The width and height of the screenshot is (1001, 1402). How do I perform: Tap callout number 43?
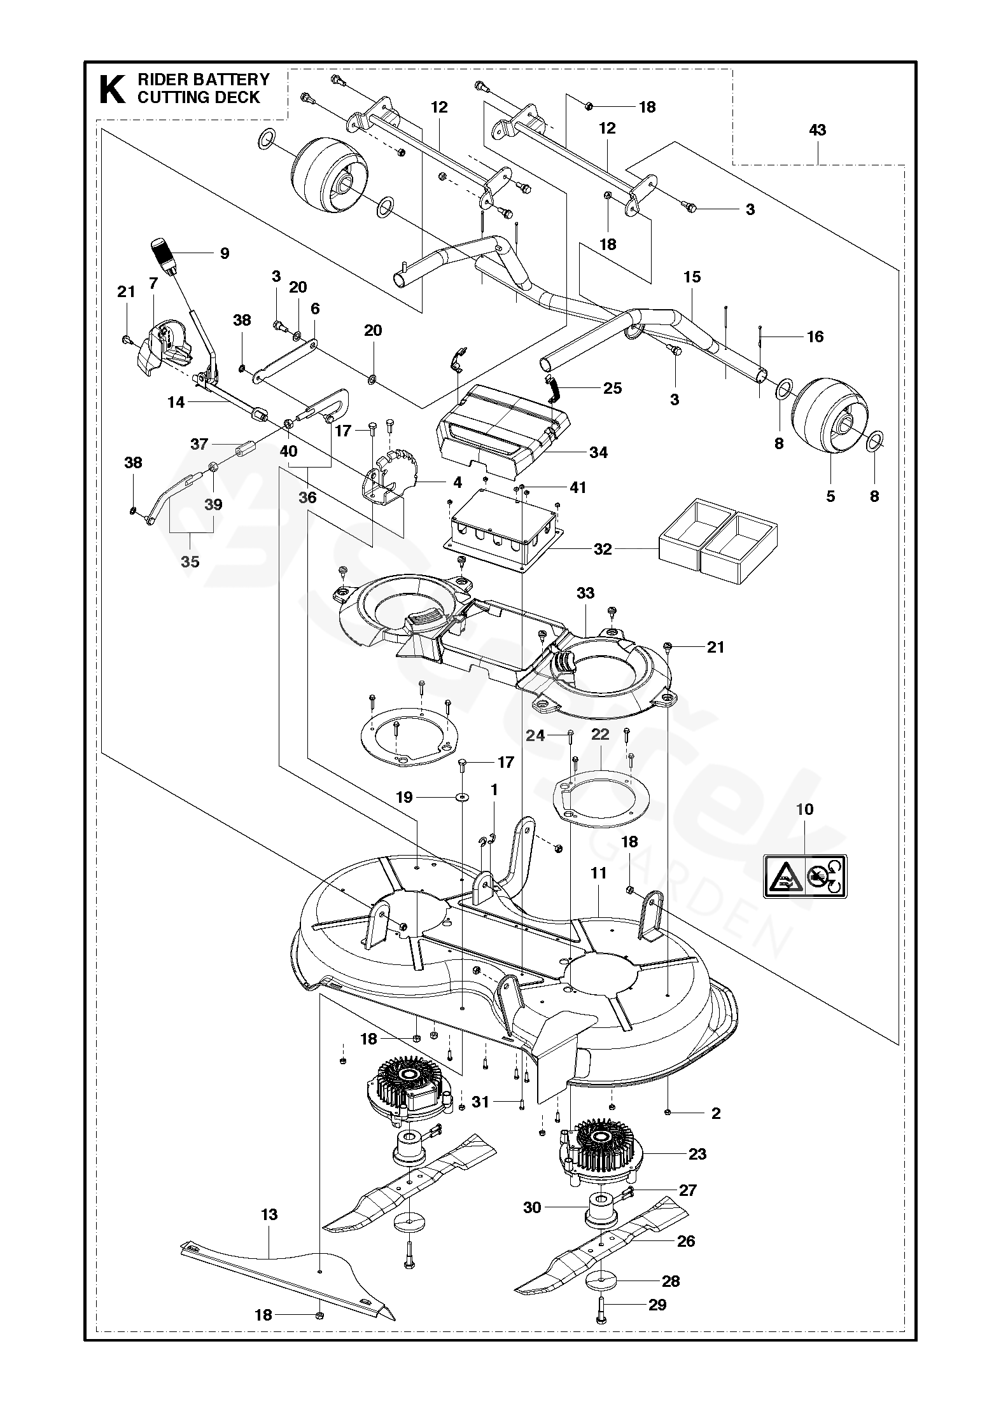click(817, 130)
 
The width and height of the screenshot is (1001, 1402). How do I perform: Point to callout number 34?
click(598, 452)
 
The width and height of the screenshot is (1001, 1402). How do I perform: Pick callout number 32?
click(602, 549)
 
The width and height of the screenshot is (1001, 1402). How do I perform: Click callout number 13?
click(269, 1215)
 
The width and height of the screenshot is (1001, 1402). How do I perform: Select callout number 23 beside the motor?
click(697, 1154)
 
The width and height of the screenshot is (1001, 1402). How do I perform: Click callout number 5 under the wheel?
click(830, 496)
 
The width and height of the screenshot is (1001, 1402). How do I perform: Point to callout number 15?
click(692, 277)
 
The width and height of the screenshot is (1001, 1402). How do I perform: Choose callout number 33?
click(585, 593)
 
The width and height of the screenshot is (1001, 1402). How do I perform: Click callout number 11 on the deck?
click(599, 873)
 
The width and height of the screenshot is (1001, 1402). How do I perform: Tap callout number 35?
click(190, 562)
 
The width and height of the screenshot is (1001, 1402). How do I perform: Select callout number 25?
click(612, 388)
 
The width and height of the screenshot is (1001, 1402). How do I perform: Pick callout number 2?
click(716, 1113)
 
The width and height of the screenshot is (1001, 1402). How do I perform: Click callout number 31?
click(480, 1101)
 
